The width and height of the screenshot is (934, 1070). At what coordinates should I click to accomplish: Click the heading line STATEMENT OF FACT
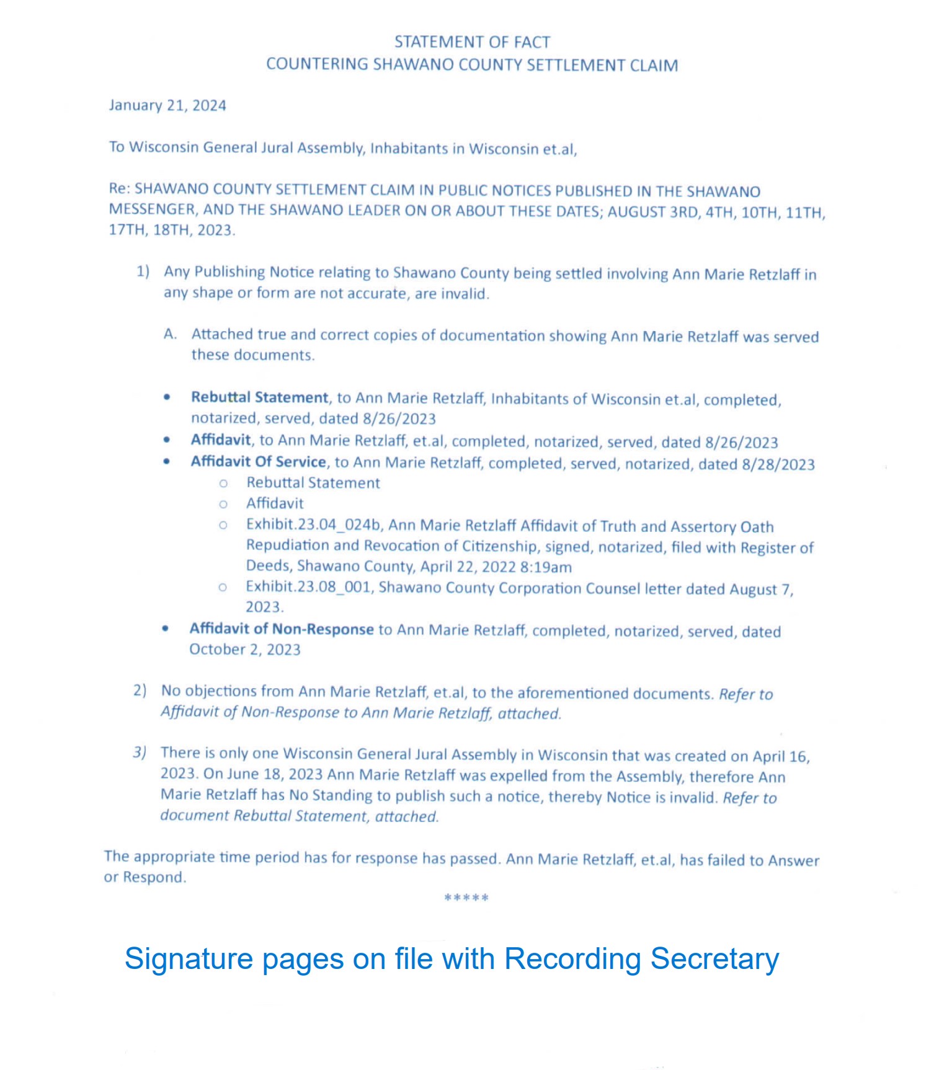[x=472, y=42]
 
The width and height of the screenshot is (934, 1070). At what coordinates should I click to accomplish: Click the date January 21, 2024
[x=167, y=105]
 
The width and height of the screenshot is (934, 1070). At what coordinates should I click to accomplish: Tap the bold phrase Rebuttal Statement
[x=259, y=397]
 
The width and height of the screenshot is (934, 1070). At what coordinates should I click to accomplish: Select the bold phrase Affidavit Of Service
[x=258, y=462]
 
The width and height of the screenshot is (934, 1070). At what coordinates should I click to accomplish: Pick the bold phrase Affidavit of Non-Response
[x=282, y=629]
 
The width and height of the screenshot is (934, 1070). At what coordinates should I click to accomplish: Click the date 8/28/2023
[x=778, y=464]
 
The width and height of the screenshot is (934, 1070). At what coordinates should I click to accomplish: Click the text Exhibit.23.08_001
[x=308, y=586]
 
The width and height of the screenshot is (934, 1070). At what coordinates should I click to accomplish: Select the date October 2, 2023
[x=245, y=650]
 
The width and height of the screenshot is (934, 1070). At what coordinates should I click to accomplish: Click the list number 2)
[x=140, y=691]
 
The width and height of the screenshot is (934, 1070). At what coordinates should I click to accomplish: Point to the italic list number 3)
[x=140, y=753]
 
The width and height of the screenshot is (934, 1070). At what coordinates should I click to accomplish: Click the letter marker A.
[x=171, y=334]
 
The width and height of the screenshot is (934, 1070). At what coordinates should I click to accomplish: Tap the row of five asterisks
[x=466, y=898]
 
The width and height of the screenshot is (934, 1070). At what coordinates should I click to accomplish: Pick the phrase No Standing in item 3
[x=329, y=795]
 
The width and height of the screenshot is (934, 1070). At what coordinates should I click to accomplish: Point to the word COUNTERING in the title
[x=317, y=64]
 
